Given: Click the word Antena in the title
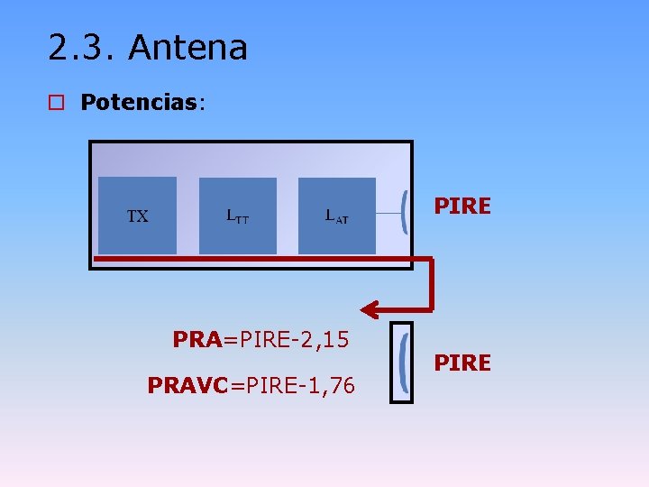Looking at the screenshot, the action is (187, 48).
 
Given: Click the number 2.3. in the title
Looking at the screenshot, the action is (82, 48).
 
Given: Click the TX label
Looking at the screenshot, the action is (137, 216).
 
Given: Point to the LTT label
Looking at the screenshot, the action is (238, 216).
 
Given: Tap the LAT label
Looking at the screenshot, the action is (337, 216).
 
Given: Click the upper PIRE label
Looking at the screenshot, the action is (462, 207).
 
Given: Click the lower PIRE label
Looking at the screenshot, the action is (462, 363).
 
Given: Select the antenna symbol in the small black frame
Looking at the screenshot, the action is (405, 362).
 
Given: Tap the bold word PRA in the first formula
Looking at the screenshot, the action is (197, 340).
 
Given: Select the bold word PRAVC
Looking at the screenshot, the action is (188, 386).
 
